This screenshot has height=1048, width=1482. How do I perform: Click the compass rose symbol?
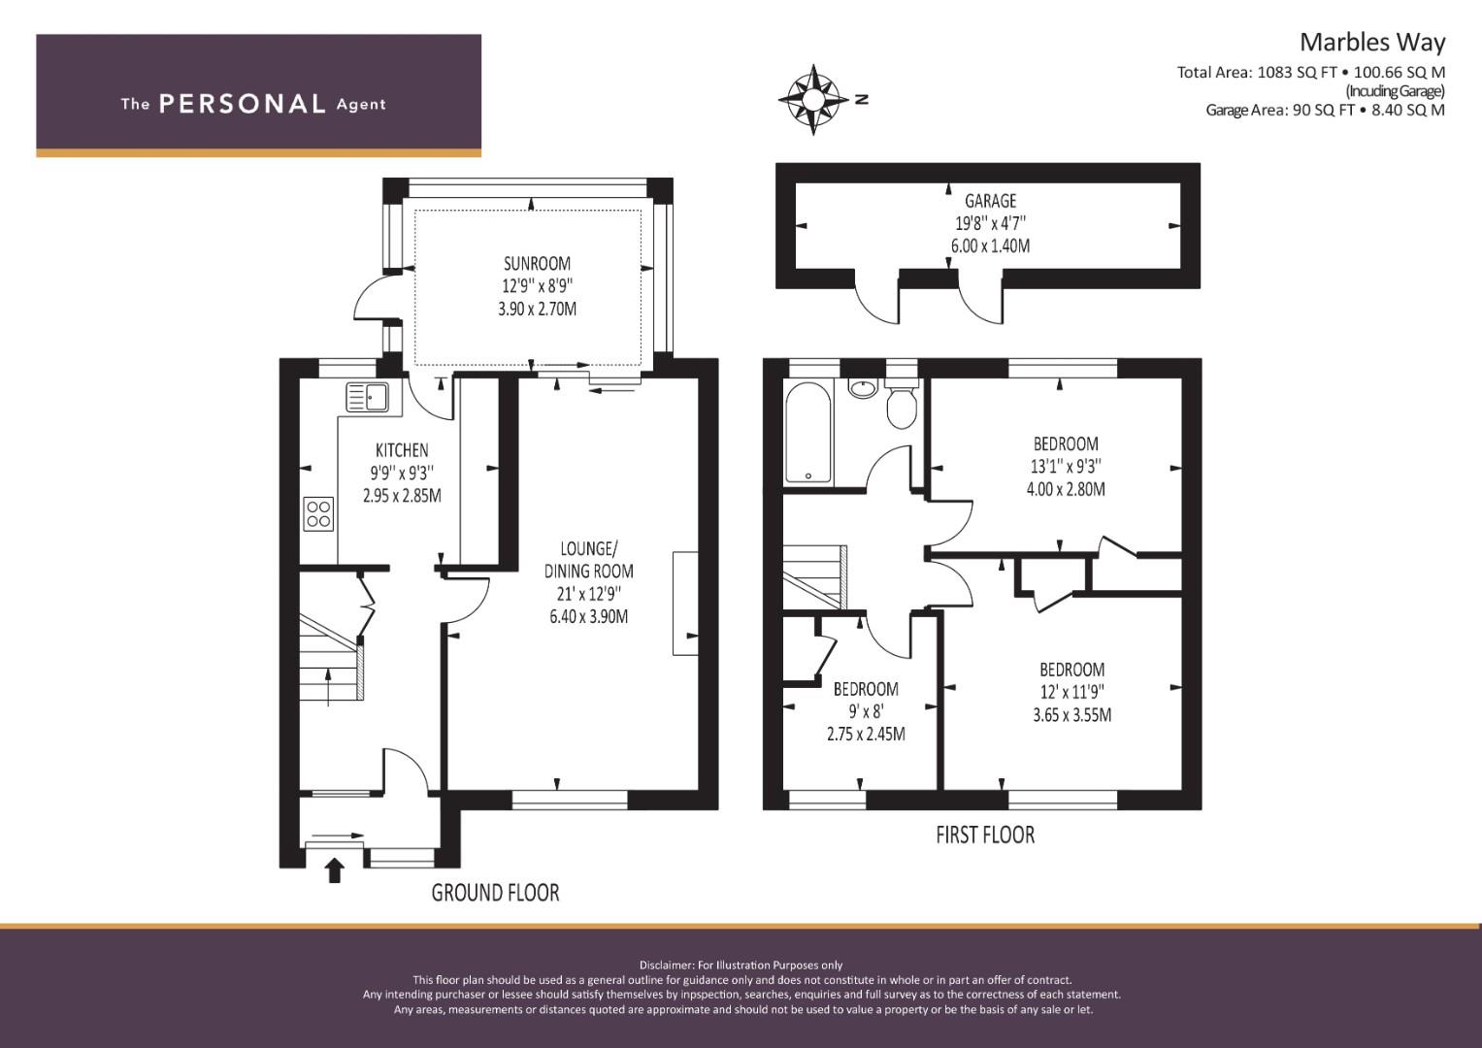(813, 100)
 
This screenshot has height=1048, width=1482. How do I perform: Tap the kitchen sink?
(368, 397)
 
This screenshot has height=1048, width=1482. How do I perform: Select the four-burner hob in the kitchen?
(318, 514)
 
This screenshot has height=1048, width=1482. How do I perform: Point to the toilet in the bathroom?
(901, 403)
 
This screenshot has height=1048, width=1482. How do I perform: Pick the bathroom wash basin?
(863, 388)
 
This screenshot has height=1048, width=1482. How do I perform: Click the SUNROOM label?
(537, 264)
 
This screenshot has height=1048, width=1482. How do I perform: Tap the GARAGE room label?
(990, 201)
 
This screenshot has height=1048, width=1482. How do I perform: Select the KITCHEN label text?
(402, 450)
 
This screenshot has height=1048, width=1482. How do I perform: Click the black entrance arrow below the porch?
(336, 870)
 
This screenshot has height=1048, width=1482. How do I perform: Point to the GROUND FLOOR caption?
(496, 893)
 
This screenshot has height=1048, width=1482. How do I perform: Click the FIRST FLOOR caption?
(985, 835)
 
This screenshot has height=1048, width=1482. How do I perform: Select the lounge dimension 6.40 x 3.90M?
(588, 616)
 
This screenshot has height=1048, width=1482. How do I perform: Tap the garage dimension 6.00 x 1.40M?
(990, 246)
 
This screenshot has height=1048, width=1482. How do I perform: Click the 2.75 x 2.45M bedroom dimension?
(866, 734)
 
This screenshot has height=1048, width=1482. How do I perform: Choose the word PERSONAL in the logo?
(243, 104)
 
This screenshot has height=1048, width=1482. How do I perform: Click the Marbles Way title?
(1372, 43)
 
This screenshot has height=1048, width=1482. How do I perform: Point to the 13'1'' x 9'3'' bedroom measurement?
(1066, 467)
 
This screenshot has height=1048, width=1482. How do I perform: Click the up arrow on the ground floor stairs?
(329, 687)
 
